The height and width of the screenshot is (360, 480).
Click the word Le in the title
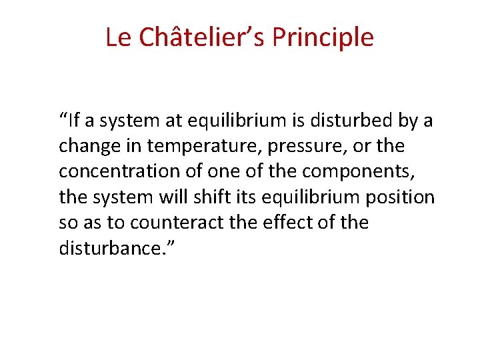point(118,37)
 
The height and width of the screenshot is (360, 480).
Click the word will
point(179,197)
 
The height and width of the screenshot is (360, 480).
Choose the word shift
point(217,197)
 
